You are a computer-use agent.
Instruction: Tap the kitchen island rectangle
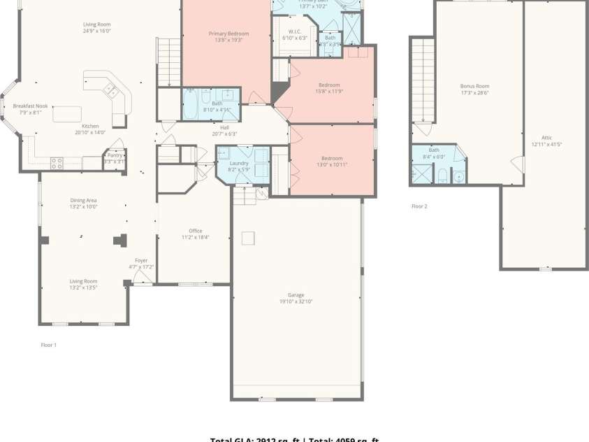tap(68, 113)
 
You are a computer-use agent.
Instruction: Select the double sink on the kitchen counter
tap(110, 89)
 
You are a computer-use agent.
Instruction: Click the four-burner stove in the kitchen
tap(56, 164)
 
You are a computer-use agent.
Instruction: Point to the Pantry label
tap(115, 155)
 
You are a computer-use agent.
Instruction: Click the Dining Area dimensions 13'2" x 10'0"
tap(83, 207)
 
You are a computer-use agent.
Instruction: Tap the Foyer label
tap(141, 261)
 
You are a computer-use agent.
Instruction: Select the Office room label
tap(195, 231)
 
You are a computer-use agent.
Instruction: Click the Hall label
tap(224, 127)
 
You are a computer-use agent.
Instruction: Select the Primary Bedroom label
tap(228, 34)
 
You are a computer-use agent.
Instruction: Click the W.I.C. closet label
tap(294, 31)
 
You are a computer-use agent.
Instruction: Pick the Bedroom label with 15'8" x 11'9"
tap(329, 85)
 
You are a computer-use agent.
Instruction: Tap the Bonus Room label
tap(474, 86)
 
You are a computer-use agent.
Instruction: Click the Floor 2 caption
tap(419, 206)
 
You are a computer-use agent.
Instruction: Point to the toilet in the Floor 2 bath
tap(442, 175)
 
